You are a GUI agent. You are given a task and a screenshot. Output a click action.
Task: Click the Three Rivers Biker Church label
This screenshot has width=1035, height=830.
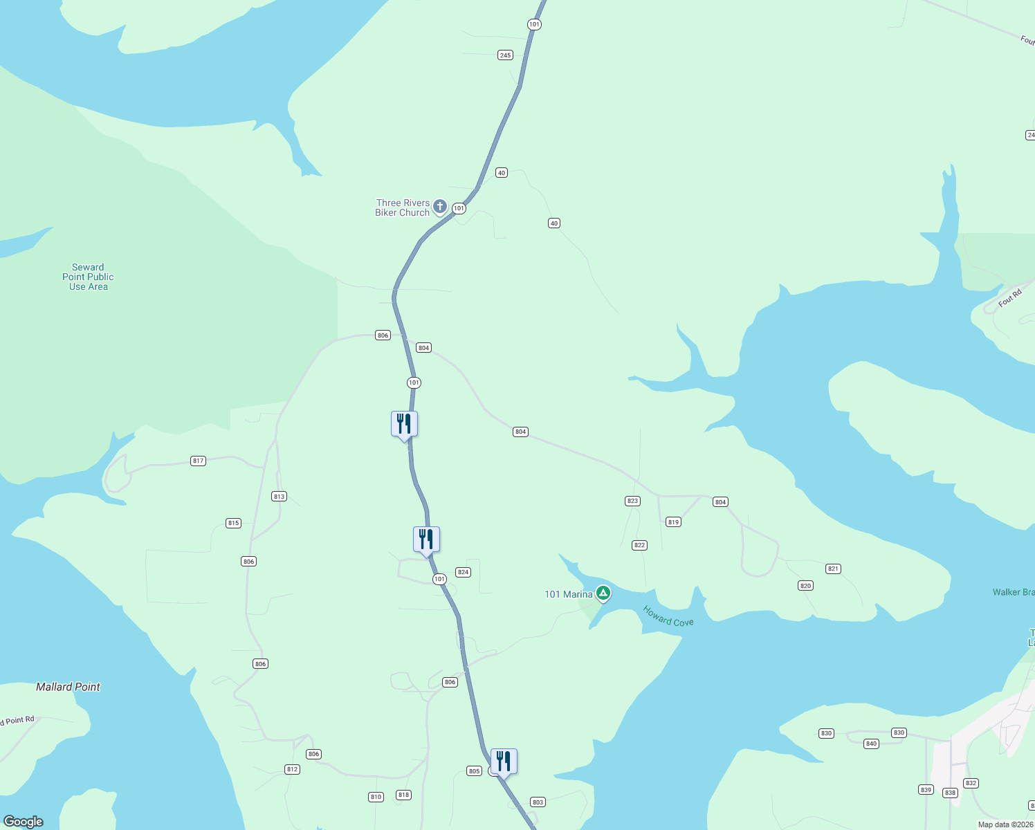point(403,207)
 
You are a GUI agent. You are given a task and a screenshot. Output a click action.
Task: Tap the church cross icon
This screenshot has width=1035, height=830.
point(439,206)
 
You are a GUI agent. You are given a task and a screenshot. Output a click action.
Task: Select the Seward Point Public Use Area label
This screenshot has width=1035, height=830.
point(88,277)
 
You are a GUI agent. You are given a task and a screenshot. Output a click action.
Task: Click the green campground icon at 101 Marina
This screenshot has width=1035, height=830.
point(603,593)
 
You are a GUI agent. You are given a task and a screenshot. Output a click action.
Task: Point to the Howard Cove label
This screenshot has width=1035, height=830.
point(668,616)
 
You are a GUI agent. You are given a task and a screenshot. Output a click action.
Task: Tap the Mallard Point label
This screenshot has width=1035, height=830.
point(68,687)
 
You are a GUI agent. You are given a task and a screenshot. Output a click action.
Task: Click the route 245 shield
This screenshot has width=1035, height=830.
point(505,55)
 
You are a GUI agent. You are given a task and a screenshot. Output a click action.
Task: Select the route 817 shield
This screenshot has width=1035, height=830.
point(199,461)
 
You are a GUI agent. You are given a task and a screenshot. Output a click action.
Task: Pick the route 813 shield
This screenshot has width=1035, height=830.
point(279,497)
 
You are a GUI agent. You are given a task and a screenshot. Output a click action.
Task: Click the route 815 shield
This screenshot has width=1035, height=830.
point(234,523)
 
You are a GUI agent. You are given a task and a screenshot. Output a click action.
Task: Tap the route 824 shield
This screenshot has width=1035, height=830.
point(464,572)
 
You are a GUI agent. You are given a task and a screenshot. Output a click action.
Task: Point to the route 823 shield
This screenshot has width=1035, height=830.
point(632,501)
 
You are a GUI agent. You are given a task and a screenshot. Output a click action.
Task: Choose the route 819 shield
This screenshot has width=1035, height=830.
point(674,522)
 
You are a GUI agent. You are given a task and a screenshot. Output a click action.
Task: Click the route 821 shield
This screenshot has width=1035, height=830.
point(833,569)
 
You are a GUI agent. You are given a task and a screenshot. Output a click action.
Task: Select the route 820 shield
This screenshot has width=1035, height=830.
point(805,586)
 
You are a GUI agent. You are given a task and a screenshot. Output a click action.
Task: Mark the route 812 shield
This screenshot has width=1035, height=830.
point(292,769)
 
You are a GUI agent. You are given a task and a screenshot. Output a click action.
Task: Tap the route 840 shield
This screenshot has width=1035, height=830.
point(871,744)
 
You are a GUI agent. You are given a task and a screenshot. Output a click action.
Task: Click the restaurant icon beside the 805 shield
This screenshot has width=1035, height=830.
point(504,762)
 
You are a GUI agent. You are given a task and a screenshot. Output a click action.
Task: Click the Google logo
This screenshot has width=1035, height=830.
point(24,821)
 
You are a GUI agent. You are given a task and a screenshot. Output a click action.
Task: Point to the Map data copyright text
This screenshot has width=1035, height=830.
point(1005,824)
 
